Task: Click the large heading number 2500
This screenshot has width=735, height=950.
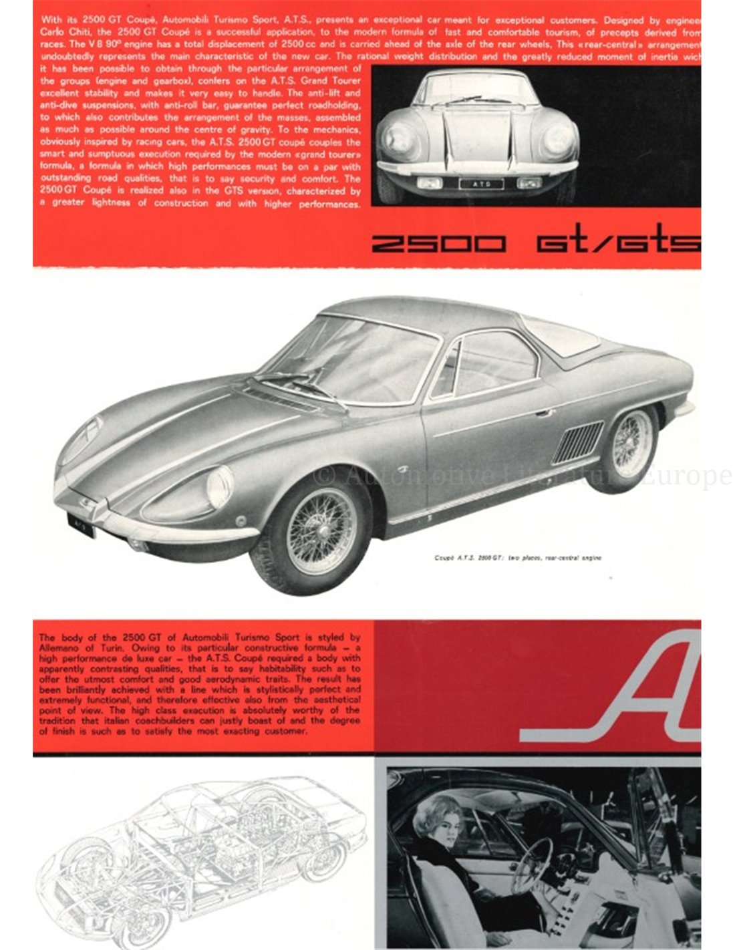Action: click(438, 244)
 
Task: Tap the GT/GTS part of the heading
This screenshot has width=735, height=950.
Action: click(618, 244)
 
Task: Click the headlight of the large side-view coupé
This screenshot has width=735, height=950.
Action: click(220, 487)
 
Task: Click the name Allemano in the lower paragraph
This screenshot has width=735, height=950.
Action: click(60, 649)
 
